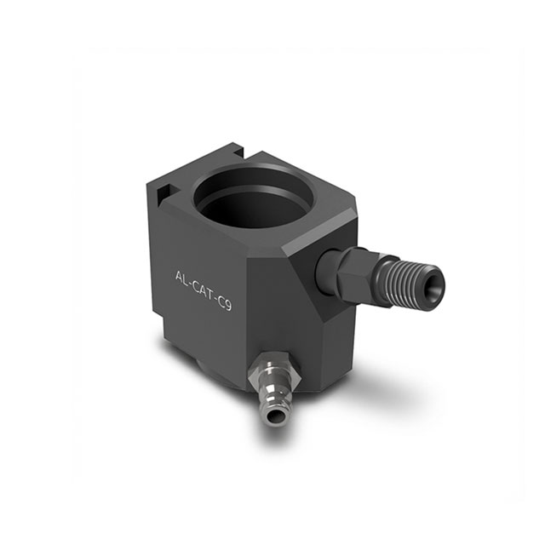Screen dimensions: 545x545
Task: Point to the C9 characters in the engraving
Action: coord(224,299)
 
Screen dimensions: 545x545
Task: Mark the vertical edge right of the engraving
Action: coord(246,324)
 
